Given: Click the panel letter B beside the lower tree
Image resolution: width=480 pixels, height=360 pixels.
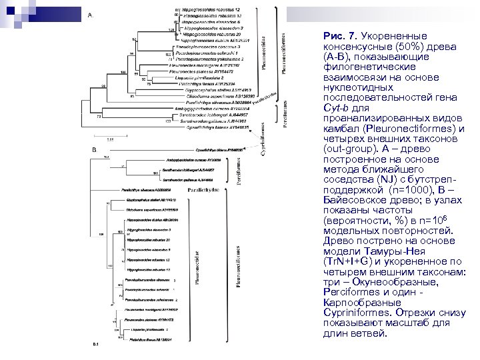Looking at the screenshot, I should [94, 150].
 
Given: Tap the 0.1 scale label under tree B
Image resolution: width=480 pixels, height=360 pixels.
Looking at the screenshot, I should [95, 344].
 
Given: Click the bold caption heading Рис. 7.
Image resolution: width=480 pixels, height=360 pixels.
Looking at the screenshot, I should [340, 35].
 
